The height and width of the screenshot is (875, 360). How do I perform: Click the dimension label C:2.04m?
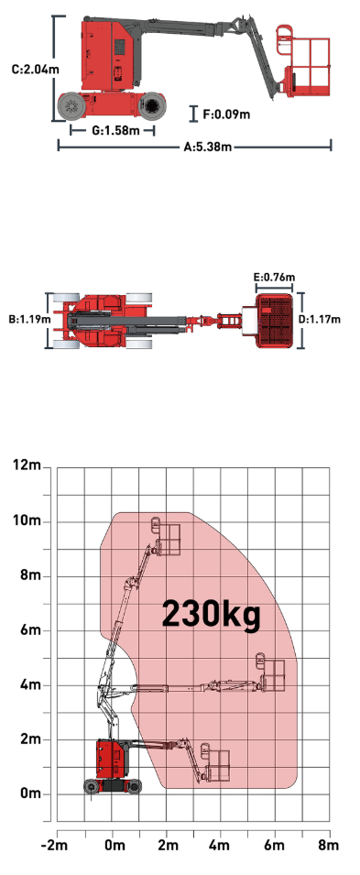click(36, 70)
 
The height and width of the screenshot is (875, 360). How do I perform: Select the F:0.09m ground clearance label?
click(226, 115)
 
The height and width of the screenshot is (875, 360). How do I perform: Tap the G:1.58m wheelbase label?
click(115, 131)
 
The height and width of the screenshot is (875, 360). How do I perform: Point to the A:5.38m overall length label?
click(208, 148)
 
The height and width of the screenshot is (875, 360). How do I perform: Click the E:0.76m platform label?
click(274, 278)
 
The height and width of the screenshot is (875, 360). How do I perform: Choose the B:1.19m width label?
click(29, 320)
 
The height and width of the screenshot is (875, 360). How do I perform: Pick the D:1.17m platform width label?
click(320, 320)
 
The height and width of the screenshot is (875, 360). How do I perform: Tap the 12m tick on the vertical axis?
click(27, 465)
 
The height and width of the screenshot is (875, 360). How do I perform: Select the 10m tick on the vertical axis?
click(27, 520)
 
